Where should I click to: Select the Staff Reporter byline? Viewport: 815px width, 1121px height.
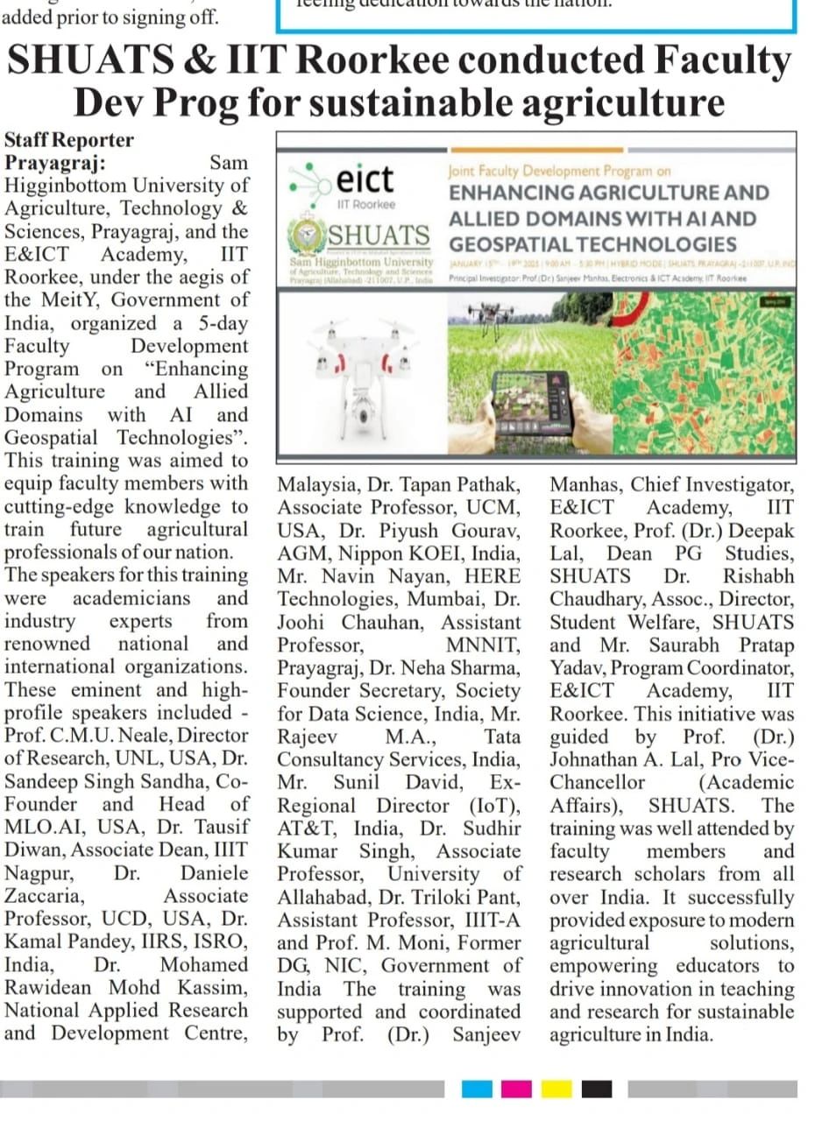(x=69, y=140)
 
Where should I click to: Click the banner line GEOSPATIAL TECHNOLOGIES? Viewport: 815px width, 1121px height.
(x=593, y=244)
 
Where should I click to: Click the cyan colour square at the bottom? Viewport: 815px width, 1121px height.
(x=477, y=1089)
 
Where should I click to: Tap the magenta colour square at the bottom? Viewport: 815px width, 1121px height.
(x=516, y=1089)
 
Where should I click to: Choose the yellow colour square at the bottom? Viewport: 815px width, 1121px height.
(x=556, y=1089)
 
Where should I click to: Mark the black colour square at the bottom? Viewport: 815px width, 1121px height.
(x=596, y=1089)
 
